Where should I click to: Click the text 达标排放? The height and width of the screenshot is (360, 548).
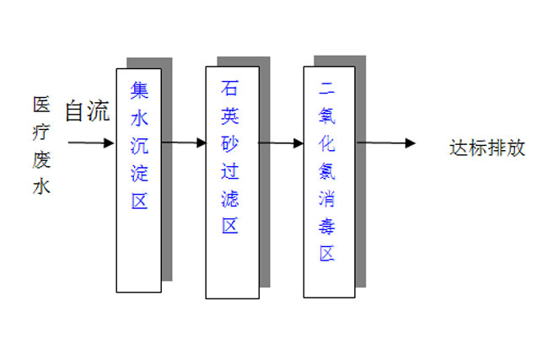487,148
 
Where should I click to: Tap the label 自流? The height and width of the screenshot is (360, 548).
87,111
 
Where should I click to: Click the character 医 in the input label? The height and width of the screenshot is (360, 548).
41,105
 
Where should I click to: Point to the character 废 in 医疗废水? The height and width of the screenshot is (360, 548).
41,160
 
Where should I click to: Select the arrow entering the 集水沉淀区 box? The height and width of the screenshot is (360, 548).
91,143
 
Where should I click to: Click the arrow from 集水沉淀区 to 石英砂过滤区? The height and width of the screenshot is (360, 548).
184,143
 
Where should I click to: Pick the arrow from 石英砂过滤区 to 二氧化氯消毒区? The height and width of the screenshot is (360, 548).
281,143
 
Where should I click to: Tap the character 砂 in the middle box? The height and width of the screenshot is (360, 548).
230,142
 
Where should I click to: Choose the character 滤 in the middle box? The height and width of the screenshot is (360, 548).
230,198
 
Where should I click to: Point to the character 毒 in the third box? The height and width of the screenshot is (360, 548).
328,225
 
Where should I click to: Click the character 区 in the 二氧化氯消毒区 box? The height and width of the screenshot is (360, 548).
328,253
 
